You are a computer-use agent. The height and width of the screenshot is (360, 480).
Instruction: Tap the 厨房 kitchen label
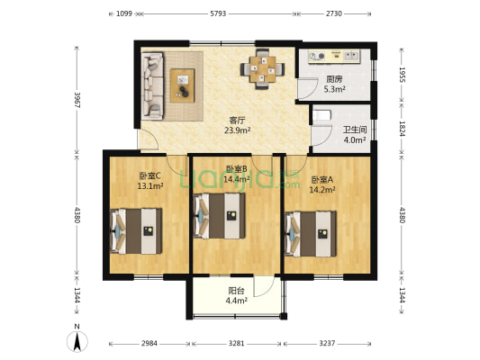tap(333, 79)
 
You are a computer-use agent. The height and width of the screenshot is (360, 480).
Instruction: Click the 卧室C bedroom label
tap(149, 176)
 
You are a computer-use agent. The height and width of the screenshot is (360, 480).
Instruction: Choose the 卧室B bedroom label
tap(236, 169)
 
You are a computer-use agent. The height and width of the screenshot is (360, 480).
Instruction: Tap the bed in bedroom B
tap(222, 217)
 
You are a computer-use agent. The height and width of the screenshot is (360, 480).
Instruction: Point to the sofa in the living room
tap(152, 85)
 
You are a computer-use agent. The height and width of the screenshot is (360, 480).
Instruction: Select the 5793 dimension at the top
tap(218, 13)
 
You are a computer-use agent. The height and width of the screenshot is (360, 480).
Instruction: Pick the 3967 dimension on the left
tap(78, 99)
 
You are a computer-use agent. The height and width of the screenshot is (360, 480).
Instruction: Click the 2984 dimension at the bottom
tap(149, 343)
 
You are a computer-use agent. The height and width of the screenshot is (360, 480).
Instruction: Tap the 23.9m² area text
tap(237, 130)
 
